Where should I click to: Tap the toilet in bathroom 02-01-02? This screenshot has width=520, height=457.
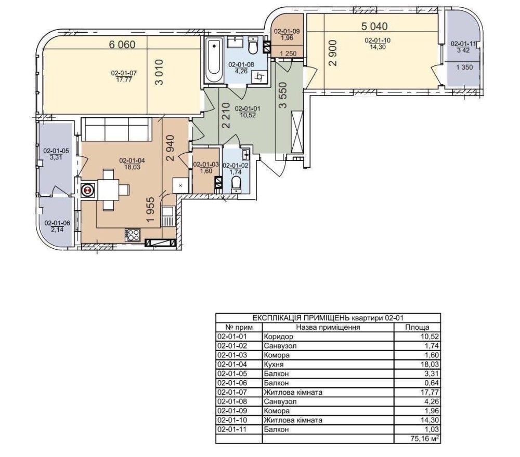point(236,184)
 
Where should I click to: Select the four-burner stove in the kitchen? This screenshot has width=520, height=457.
point(133,235)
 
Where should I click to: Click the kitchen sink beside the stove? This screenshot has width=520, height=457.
point(167,216)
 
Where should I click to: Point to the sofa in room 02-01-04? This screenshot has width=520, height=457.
point(116,129)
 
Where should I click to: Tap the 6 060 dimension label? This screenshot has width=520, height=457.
point(122,44)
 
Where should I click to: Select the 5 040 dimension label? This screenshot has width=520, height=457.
point(374,26)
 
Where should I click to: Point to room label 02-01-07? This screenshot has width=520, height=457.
point(124,73)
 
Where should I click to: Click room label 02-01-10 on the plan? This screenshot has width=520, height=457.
point(378,41)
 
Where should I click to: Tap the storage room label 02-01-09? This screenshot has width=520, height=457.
point(287,32)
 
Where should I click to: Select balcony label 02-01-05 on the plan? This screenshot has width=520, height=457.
point(56,151)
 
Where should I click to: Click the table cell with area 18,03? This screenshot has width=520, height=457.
point(417,365)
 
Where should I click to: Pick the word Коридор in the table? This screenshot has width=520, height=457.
point(279,337)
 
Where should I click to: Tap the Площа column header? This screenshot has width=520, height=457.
point(417,328)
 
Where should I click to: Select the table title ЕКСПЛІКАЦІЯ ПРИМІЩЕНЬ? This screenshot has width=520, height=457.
point(301,318)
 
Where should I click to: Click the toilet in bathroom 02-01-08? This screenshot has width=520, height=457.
point(253,46)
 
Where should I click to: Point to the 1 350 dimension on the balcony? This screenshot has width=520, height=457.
point(464,68)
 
